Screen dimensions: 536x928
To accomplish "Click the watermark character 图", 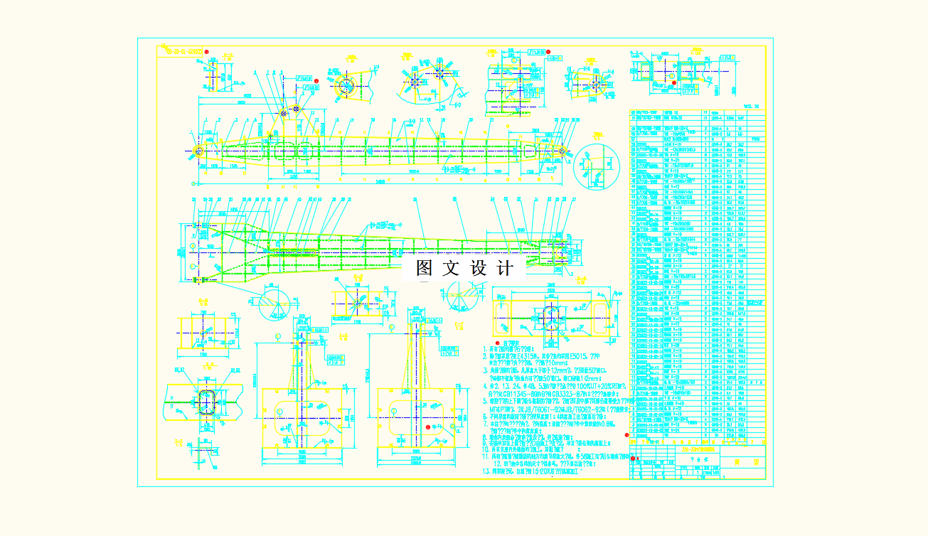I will (x=425, y=269).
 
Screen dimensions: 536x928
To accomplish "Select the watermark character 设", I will (x=478, y=269).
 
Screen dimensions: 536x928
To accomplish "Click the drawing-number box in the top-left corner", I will (x=181, y=51).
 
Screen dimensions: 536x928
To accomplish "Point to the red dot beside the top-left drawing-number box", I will (x=207, y=52).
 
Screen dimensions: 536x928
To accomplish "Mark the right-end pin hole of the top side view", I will (x=562, y=151).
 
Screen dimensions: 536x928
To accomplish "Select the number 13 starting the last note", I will (x=486, y=471).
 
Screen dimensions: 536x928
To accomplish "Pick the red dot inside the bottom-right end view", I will (x=427, y=427).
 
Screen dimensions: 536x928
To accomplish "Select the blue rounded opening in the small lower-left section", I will (x=206, y=401).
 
